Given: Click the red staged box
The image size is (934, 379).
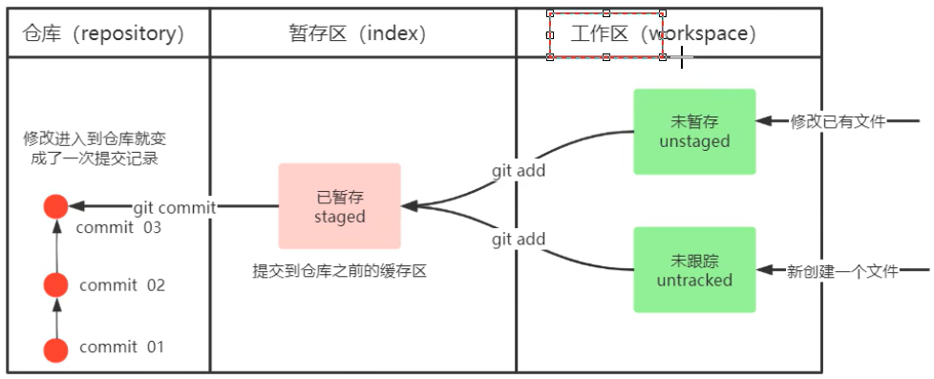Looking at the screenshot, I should pyautogui.click(x=339, y=206).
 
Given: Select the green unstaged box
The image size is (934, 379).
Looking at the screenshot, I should pyautogui.click(x=694, y=132).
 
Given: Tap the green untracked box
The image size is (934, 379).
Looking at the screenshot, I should pyautogui.click(x=694, y=269).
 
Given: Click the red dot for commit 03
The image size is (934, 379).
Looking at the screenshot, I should pyautogui.click(x=56, y=206).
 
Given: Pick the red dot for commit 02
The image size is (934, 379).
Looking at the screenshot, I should pyautogui.click(x=56, y=284).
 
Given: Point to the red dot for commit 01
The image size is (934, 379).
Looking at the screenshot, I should pyautogui.click(x=56, y=349).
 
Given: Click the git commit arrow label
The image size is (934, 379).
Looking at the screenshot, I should pyautogui.click(x=175, y=206).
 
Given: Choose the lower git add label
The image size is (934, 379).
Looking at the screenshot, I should pyautogui.click(x=519, y=239).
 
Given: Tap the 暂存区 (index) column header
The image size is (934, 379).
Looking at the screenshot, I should pyautogui.click(x=357, y=34).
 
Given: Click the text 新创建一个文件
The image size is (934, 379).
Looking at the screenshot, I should pyautogui.click(x=841, y=271).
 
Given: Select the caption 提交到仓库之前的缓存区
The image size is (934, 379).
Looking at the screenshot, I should pyautogui.click(x=338, y=271).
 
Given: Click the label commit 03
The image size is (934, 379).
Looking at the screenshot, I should pyautogui.click(x=118, y=227).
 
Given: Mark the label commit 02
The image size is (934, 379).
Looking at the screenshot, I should pyautogui.click(x=122, y=284).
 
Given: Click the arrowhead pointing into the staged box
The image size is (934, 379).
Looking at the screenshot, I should pyautogui.click(x=410, y=205).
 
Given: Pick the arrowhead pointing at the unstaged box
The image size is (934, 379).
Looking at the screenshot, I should pyautogui.click(x=764, y=121).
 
